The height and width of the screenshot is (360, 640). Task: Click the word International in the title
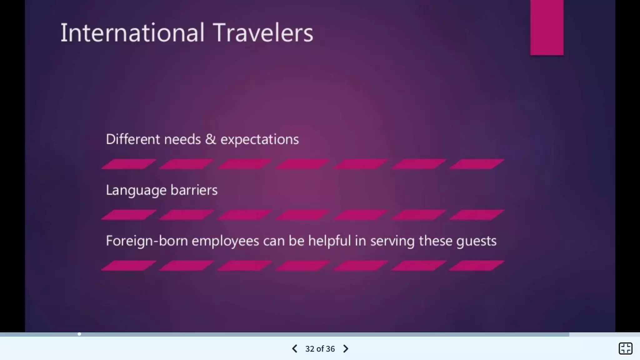(132, 32)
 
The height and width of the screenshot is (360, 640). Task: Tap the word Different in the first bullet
(132, 139)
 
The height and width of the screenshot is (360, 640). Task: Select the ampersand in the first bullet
(211, 139)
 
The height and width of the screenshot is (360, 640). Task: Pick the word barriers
(194, 190)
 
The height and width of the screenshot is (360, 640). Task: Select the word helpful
(329, 241)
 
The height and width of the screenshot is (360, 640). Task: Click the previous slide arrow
(294, 349)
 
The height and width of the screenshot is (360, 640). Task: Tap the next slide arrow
(346, 349)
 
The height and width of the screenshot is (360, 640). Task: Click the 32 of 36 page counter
(320, 349)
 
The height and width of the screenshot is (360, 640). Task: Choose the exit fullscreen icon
(625, 348)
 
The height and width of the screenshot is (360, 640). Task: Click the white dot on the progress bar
(79, 334)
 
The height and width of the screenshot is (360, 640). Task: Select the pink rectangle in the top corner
(547, 27)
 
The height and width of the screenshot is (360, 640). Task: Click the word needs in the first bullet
(182, 139)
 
